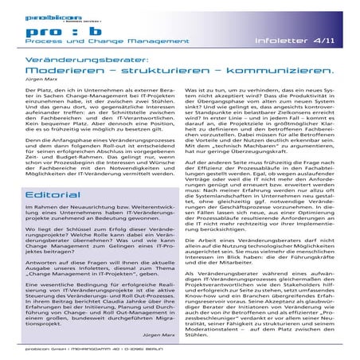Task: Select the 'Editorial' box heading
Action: pyautogui.click(x=50, y=194)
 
